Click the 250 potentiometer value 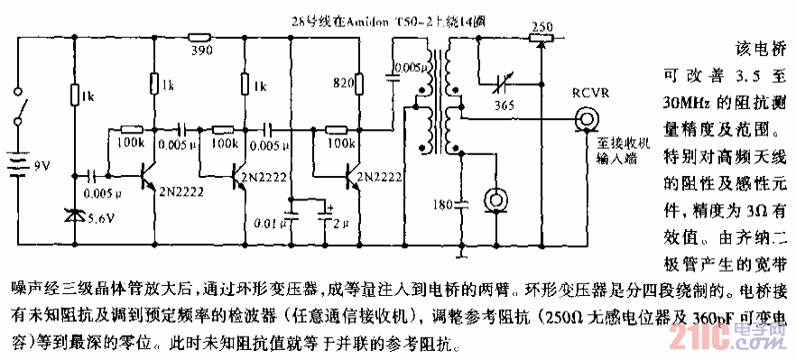point(541,26)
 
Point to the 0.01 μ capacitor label point(269,221)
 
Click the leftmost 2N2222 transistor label point(180,189)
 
